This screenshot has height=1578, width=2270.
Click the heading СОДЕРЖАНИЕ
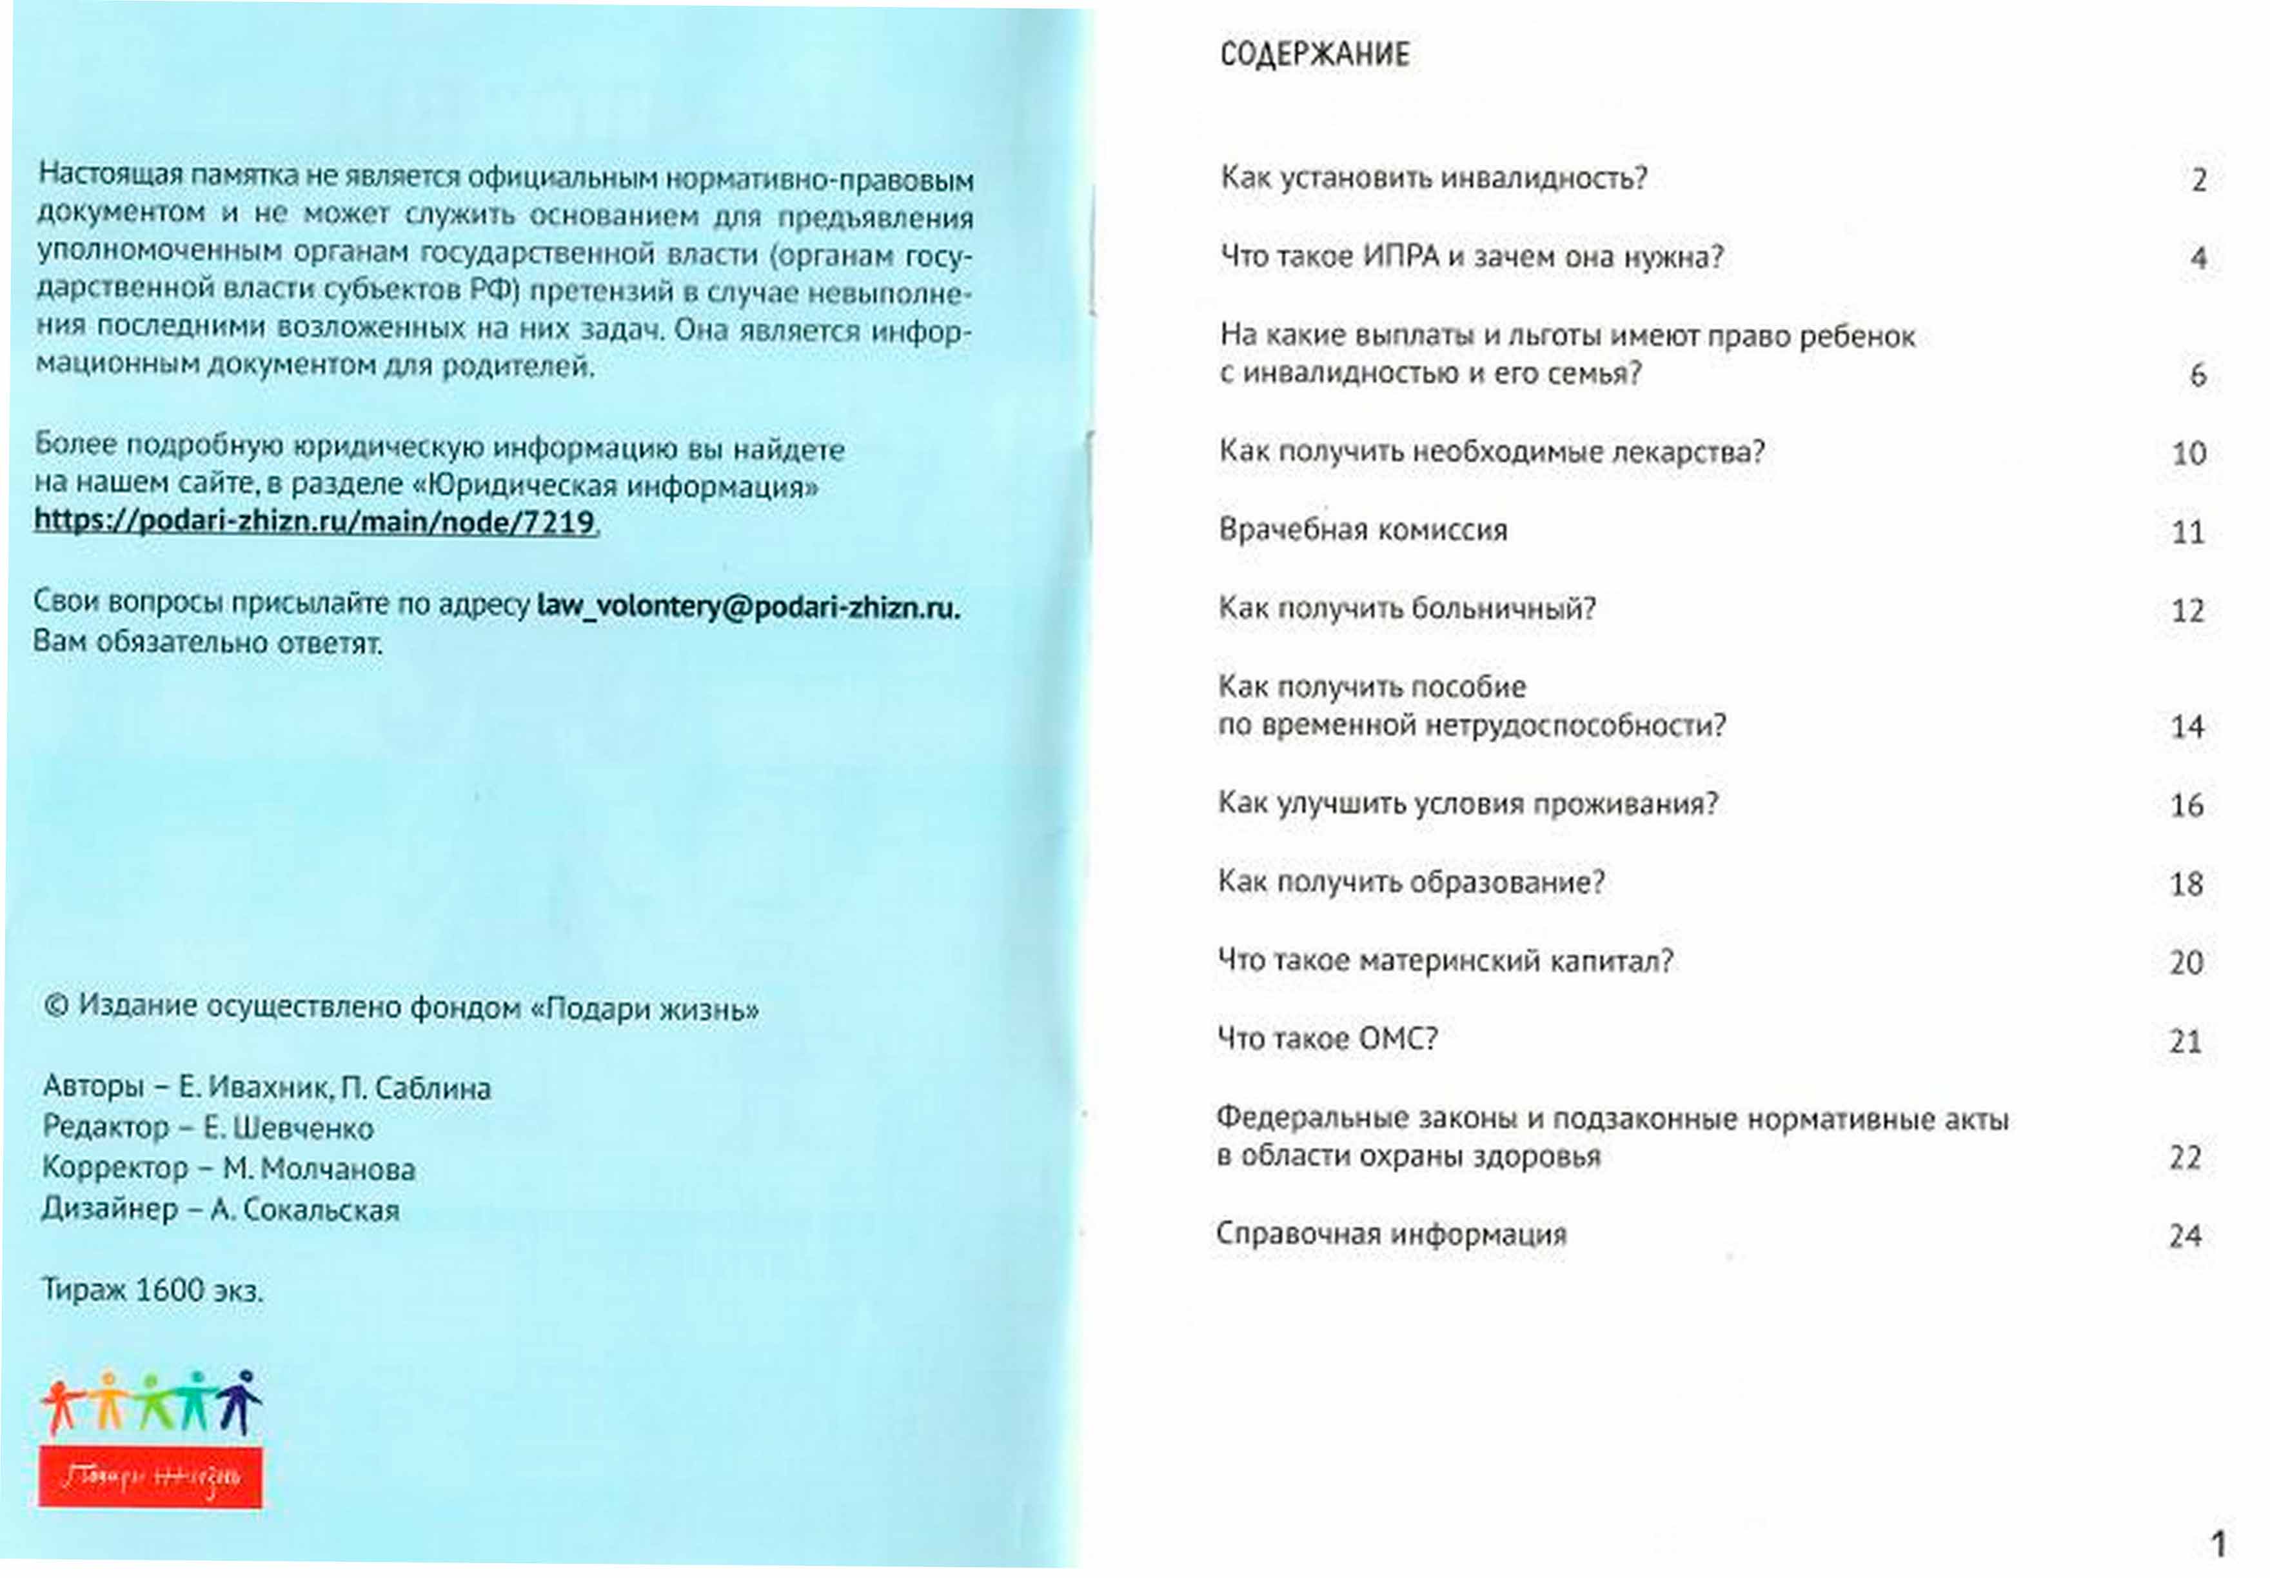point(1314,54)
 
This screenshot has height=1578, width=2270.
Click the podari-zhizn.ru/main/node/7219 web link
point(314,521)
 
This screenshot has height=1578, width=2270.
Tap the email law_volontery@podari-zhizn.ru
point(747,606)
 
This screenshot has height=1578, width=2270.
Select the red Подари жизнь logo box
point(150,1477)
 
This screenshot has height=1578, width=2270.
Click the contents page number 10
point(2188,454)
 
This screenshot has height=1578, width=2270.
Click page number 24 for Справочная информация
point(2184,1236)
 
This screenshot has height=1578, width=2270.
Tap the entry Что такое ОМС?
point(1327,1039)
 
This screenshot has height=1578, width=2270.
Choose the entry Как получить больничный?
point(1406,608)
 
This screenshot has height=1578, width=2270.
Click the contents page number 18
point(2186,884)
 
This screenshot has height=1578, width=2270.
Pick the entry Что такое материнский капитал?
point(1445,961)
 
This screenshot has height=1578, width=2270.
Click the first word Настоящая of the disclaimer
point(110,174)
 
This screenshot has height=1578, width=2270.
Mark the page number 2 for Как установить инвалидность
point(2198,181)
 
